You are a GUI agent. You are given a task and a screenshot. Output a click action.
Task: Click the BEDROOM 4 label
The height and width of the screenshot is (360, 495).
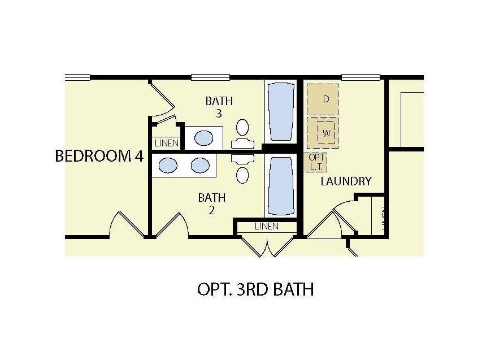click(99, 157)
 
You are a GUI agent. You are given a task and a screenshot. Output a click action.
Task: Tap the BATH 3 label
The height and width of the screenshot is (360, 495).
click(219, 107)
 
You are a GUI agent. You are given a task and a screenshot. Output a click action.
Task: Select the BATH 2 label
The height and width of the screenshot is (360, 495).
click(212, 203)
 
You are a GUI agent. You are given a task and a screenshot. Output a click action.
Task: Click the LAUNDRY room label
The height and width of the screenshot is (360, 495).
click(346, 181)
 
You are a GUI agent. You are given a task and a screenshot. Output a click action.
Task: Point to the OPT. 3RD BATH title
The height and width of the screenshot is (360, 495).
click(255, 289)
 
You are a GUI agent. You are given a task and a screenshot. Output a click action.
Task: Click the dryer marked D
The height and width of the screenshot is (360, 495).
click(323, 99)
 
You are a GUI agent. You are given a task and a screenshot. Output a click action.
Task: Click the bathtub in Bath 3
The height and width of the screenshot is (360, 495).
click(280, 112)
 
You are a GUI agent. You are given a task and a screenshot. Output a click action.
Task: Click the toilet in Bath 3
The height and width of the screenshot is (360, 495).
click(243, 132)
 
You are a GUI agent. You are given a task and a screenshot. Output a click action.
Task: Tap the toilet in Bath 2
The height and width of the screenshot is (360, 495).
click(242, 170)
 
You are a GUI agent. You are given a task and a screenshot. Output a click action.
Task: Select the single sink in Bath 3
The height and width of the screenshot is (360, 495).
click(203, 137)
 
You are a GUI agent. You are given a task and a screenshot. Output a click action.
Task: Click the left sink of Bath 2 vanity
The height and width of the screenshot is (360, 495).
click(167, 165)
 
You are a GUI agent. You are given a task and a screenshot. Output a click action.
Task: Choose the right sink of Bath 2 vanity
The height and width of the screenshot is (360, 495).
click(199, 165)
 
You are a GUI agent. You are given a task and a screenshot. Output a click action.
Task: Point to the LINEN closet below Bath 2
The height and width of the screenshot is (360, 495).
click(266, 227)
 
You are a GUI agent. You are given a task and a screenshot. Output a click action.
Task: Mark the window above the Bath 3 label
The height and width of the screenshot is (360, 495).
click(210, 77)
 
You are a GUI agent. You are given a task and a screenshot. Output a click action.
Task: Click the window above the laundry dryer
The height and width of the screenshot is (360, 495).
click(361, 77)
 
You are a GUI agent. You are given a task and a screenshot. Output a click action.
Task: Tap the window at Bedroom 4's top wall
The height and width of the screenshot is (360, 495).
click(78, 77)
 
